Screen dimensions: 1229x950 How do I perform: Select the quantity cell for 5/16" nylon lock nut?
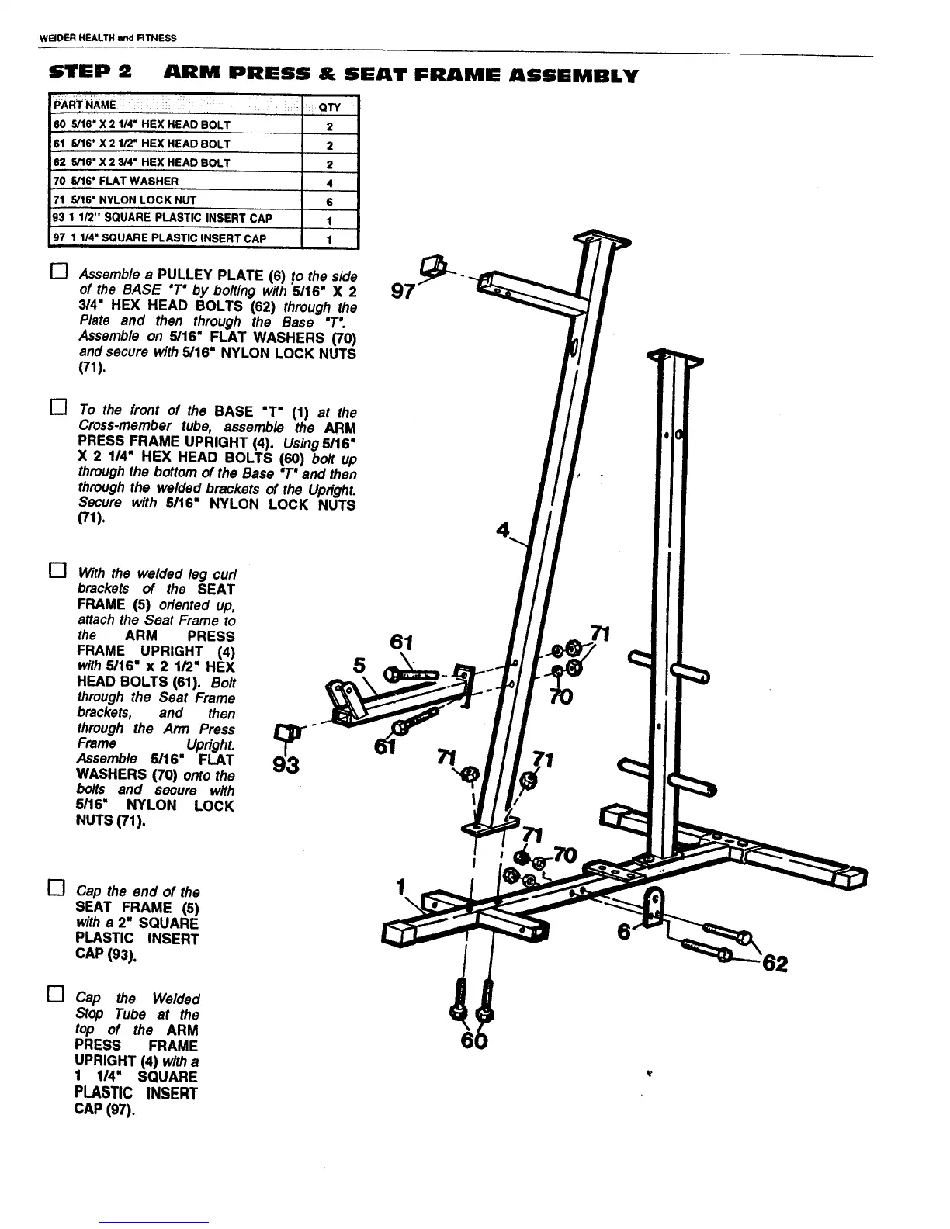(x=330, y=200)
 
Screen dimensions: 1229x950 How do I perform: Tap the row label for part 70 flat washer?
(x=116, y=181)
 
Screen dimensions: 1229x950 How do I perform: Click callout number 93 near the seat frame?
(x=287, y=764)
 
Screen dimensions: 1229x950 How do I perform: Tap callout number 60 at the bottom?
(x=474, y=1040)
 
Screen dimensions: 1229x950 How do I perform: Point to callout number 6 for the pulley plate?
(x=623, y=930)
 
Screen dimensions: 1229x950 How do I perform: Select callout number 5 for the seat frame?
(x=359, y=665)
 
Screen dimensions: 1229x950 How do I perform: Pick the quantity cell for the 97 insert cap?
(x=330, y=239)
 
